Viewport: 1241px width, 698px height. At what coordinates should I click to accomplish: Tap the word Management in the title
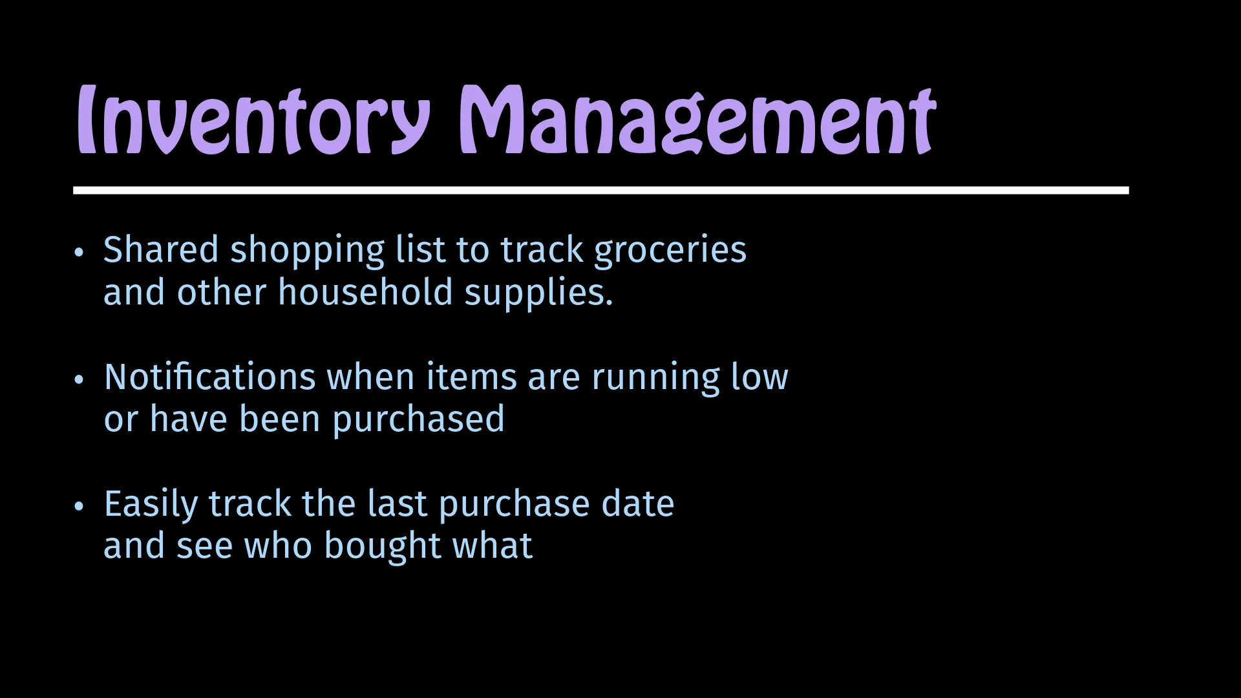click(x=697, y=120)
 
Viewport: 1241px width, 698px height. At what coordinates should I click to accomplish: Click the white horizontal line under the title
click(x=601, y=190)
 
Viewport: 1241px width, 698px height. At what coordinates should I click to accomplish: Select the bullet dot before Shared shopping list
click(x=79, y=252)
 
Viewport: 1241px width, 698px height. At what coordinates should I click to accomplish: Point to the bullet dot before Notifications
click(x=79, y=379)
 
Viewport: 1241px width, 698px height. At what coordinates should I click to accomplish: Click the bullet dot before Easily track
click(x=79, y=506)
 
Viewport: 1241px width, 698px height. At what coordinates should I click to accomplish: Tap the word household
click(x=365, y=292)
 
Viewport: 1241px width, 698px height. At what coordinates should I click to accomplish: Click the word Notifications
click(x=210, y=377)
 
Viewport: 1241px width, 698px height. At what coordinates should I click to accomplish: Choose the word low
click(x=759, y=377)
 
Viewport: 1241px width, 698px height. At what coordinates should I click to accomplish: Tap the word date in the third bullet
click(x=638, y=504)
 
